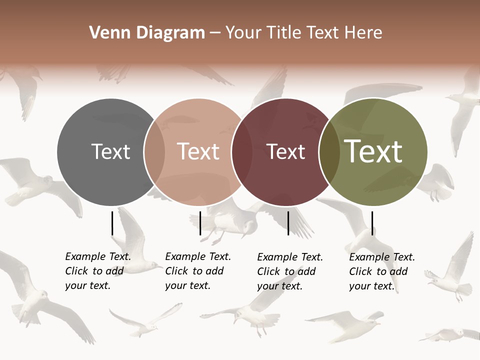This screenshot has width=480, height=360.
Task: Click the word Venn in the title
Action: [x=106, y=33]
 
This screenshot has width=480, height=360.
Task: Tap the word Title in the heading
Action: [x=284, y=33]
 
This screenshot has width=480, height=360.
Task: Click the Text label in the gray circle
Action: [x=110, y=151]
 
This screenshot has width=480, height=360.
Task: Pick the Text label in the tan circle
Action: [x=198, y=151]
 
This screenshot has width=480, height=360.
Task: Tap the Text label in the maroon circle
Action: [x=285, y=152]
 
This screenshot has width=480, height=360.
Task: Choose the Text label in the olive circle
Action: [x=373, y=151]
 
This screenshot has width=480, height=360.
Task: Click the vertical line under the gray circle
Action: [x=112, y=223]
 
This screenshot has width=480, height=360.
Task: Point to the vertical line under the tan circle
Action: [x=200, y=223]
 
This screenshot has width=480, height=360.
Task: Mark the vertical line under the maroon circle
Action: [x=288, y=223]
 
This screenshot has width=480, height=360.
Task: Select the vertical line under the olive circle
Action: [x=372, y=223]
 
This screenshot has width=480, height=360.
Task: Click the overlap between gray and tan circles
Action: [x=154, y=152]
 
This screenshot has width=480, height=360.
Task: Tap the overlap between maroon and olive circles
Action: [x=329, y=152]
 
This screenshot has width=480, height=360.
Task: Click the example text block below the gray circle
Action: [x=98, y=271]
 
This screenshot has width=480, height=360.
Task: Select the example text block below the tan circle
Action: [x=198, y=271]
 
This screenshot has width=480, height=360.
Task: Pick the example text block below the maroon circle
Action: [x=290, y=271]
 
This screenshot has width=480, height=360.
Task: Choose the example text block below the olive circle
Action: [x=382, y=271]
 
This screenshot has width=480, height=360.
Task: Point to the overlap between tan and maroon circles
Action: [x=241, y=152]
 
